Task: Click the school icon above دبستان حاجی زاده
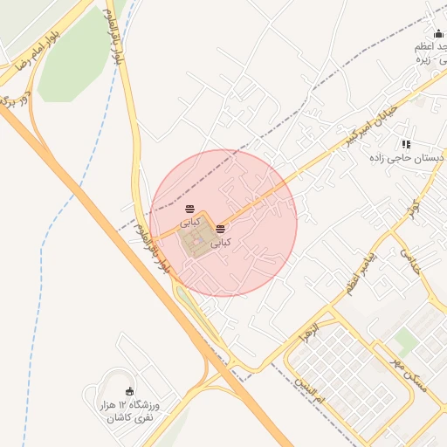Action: tap(406, 144)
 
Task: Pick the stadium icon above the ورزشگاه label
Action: tap(131, 390)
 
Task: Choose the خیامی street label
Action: tap(409, 259)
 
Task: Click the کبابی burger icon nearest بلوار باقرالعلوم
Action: tap(189, 209)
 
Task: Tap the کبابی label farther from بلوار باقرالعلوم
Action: tap(222, 241)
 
